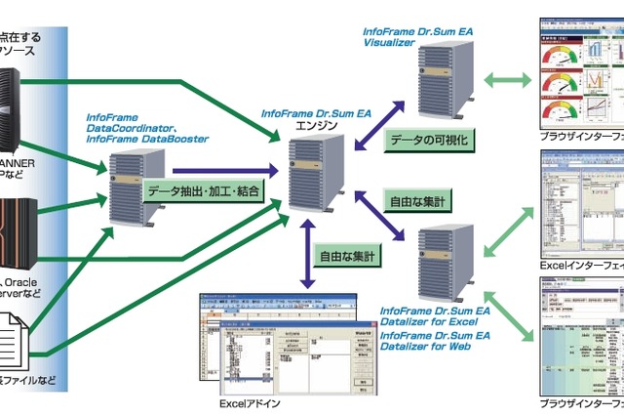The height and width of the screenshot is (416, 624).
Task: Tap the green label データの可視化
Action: coord(429,140)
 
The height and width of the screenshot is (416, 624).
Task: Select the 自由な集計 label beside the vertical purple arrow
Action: coord(348,258)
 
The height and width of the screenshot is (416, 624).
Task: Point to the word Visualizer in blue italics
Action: coord(390,43)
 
